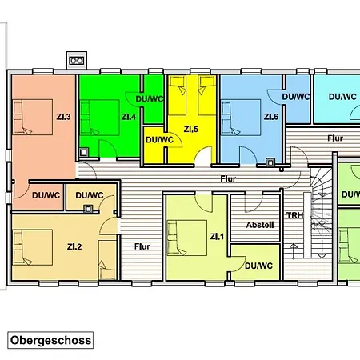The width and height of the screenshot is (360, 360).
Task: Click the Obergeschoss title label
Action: point(50,340)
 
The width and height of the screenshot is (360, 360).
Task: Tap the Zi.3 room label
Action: point(64,117)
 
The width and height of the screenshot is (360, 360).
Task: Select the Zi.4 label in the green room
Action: point(129,117)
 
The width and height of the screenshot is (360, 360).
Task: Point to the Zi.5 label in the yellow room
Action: point(191,130)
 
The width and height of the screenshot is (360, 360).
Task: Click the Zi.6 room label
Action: point(271,117)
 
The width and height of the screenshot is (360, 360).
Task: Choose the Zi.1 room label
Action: point(217,237)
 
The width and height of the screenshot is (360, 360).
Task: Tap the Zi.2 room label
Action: point(74,246)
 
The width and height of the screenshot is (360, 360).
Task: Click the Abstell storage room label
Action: point(260,225)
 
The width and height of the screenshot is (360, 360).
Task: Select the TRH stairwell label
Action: point(295,215)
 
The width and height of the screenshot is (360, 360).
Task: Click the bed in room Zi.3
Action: point(33,117)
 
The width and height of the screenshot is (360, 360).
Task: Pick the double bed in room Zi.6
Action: point(241,118)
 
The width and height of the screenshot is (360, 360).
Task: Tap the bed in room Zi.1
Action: point(187,238)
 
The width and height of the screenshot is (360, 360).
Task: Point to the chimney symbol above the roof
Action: point(77,60)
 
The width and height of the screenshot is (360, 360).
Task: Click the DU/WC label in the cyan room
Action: point(342,97)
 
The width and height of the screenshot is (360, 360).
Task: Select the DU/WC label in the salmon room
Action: point(46,195)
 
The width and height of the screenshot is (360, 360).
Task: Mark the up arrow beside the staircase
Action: point(294,251)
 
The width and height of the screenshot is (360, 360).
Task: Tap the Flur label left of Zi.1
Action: point(142,246)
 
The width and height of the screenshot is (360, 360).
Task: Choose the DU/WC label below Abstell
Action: point(258,266)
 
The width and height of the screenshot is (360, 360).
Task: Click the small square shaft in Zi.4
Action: point(83,153)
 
